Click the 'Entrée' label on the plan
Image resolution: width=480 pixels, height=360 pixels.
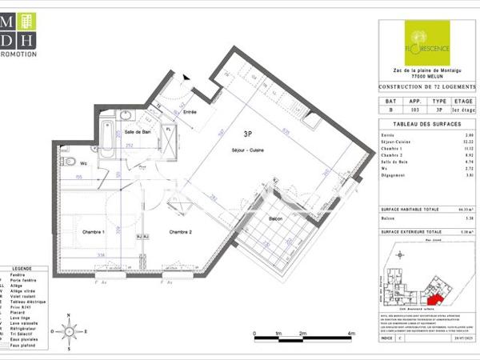190,113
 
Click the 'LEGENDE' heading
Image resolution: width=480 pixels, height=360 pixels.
23,270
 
